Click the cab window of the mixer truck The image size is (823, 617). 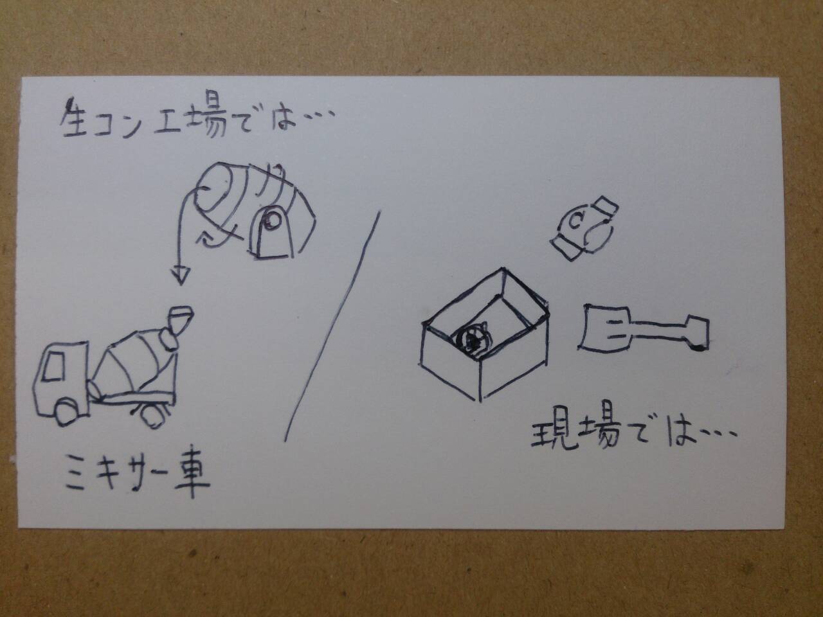click(x=53, y=366)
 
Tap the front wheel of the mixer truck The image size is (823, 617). click(x=66, y=412)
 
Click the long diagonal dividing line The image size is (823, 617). click(x=332, y=326)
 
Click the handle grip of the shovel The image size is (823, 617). click(x=697, y=332)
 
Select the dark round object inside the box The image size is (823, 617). click(x=471, y=340)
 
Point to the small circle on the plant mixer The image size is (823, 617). click(x=272, y=221)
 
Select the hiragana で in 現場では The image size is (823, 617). click(x=643, y=433)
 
